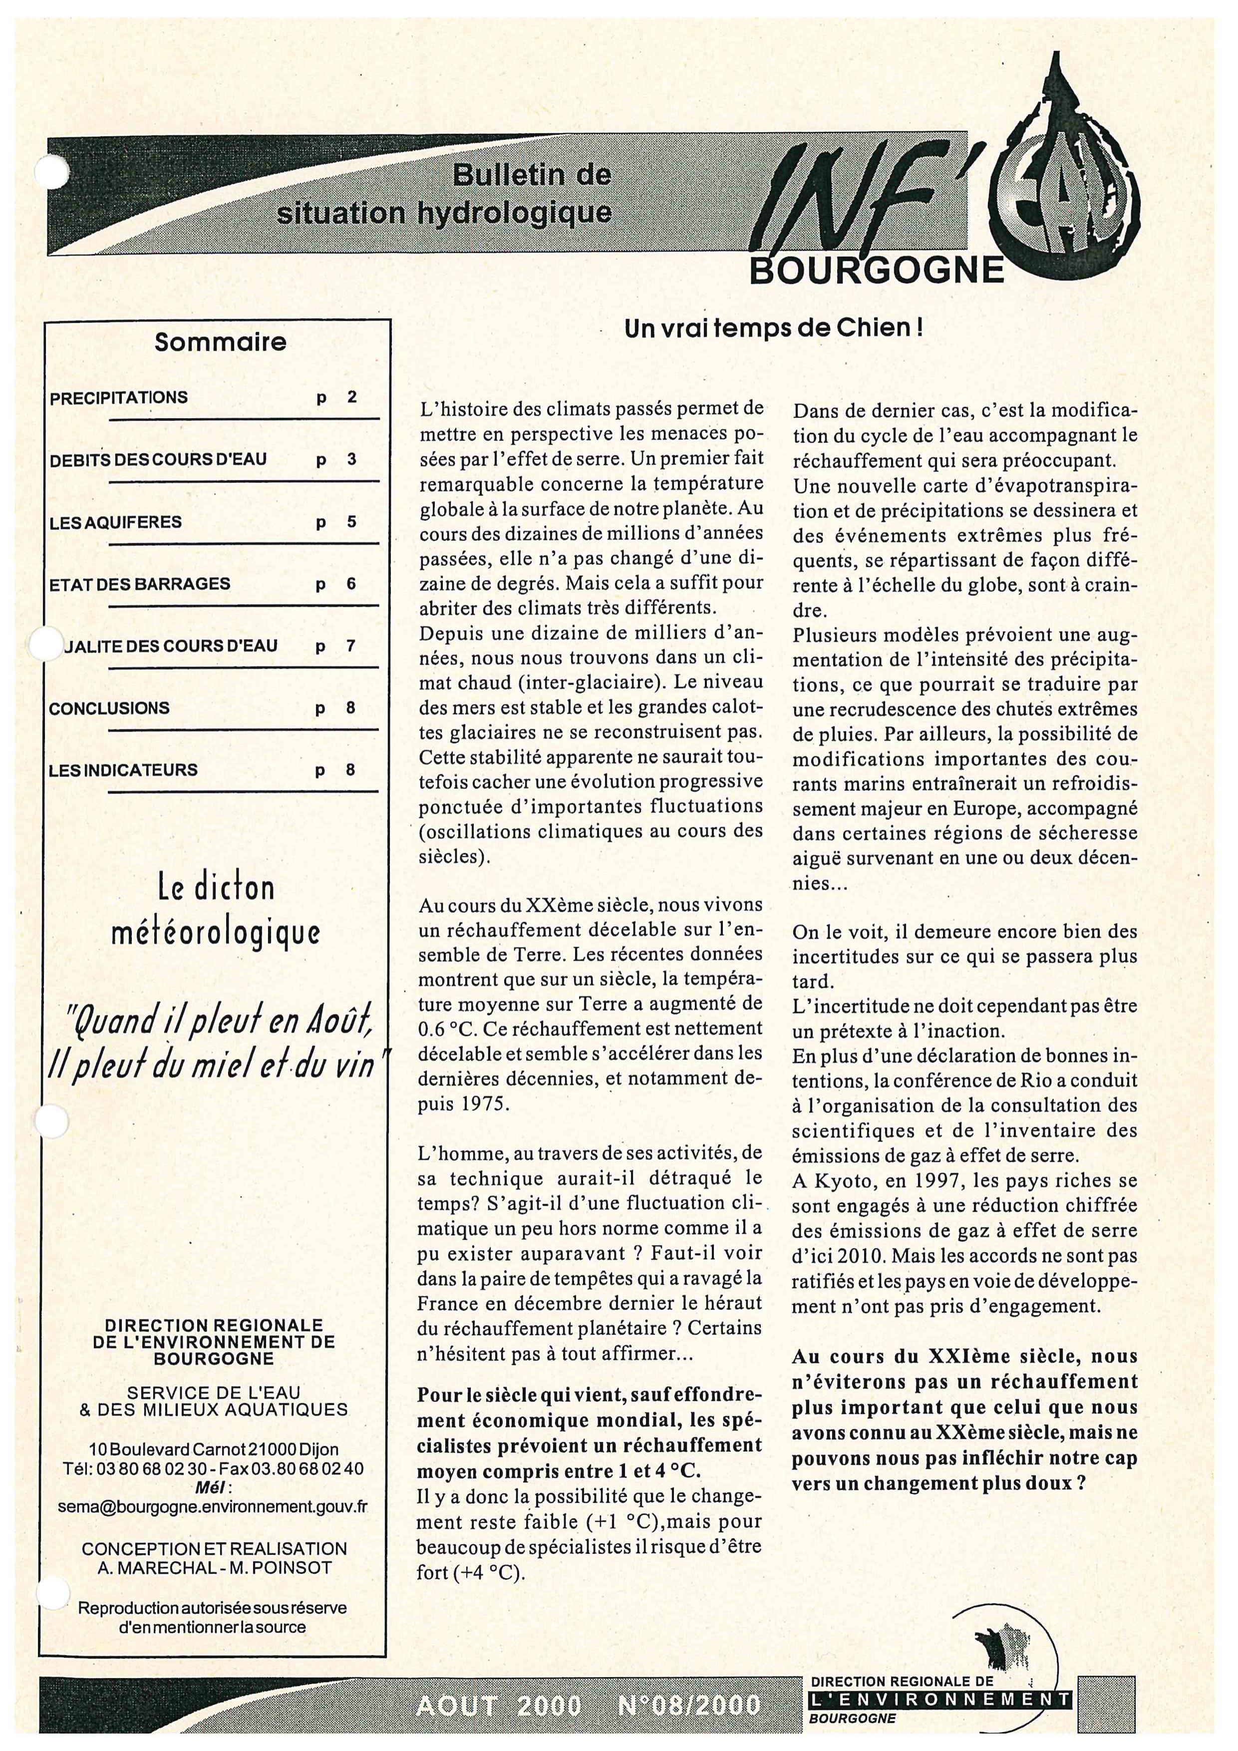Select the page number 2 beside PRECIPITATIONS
click(351, 397)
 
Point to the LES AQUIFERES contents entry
click(115, 522)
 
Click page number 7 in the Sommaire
click(350, 646)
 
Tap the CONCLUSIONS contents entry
click(109, 707)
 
